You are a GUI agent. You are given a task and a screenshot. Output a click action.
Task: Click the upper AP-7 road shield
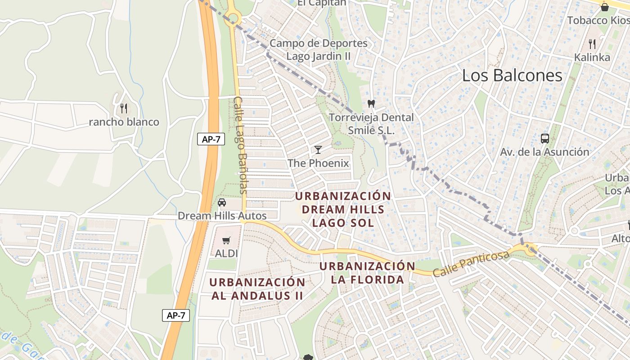click(211, 139)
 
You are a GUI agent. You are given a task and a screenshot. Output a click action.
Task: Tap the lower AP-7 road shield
click(176, 315)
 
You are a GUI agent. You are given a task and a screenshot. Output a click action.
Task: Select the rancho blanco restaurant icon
click(124, 108)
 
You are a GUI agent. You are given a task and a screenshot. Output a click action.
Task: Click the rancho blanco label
click(124, 122)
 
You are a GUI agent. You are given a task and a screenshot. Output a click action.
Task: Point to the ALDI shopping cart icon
click(226, 241)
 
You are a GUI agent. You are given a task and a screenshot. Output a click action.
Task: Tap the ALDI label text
click(226, 253)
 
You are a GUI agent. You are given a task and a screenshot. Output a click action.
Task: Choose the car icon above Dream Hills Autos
click(222, 202)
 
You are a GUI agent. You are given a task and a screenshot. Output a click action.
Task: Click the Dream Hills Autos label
click(222, 216)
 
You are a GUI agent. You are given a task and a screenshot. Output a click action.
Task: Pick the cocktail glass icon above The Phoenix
click(318, 150)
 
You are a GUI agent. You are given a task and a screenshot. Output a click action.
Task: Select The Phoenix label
click(318, 163)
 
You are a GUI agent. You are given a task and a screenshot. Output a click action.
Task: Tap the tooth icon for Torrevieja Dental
click(371, 104)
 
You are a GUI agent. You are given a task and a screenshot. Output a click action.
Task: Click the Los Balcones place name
click(512, 76)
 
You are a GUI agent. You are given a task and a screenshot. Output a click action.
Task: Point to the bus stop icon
click(544, 139)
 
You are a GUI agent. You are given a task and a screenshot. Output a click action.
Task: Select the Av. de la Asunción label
click(544, 152)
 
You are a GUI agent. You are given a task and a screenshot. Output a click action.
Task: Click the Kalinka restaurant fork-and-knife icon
click(592, 44)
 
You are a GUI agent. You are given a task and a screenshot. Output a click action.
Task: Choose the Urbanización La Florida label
click(367, 273)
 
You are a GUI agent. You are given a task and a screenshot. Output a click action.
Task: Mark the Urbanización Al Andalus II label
click(257, 289)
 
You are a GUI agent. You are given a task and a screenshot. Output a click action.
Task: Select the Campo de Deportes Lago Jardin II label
click(319, 50)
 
